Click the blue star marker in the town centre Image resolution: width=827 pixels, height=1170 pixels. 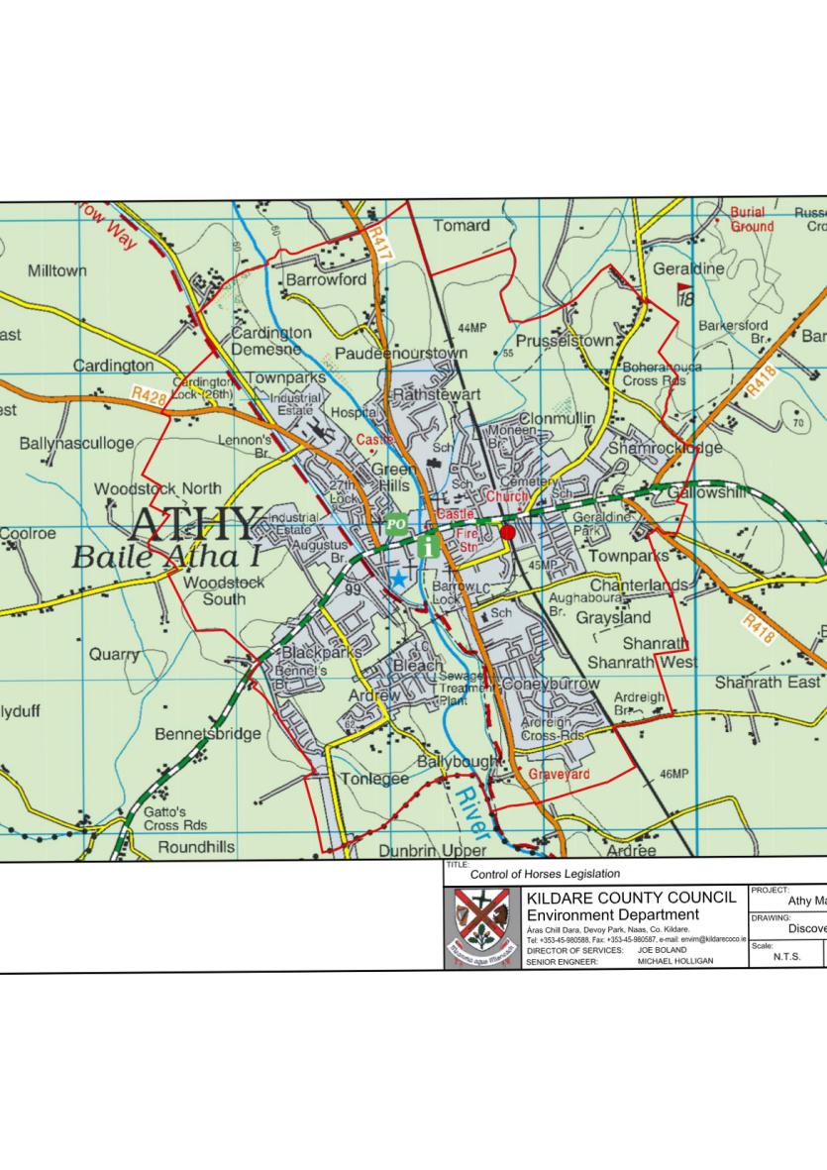tap(398, 579)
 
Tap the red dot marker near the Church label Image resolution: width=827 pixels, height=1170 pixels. tap(508, 532)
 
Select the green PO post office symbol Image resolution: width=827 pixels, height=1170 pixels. tap(396, 524)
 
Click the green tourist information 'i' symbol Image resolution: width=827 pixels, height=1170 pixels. tap(429, 545)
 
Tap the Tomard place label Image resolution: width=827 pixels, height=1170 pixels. tap(462, 226)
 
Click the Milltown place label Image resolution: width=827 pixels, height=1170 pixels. tap(57, 270)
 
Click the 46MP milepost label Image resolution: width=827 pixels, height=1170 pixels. tap(672, 774)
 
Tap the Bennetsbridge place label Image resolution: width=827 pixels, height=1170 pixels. tap(208, 734)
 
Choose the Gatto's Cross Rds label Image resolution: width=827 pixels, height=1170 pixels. tap(175, 818)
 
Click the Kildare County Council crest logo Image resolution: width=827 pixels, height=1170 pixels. tap(481, 927)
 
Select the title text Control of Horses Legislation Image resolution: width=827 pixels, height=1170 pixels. tap(545, 874)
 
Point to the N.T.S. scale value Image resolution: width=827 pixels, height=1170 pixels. tap(786, 957)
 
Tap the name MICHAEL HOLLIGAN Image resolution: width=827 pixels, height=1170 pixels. tap(675, 961)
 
